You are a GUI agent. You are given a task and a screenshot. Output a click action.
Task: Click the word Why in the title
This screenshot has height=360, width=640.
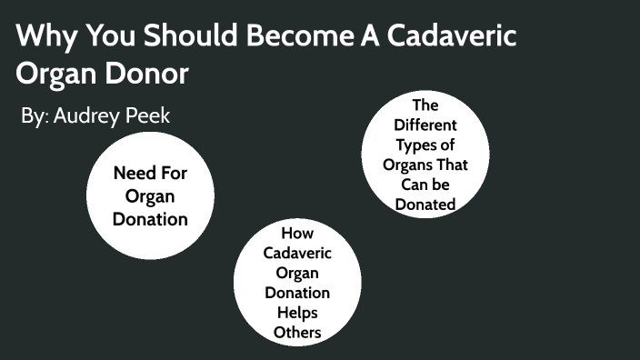coord(42,38)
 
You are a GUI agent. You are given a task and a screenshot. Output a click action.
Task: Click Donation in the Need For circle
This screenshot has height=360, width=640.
coord(151,218)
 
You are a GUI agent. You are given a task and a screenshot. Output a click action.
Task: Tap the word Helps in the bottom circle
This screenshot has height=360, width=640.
coord(297,313)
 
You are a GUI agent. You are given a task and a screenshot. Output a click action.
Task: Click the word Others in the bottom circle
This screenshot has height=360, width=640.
coord(297,333)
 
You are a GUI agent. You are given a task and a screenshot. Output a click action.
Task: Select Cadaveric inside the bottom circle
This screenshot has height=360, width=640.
coord(297,253)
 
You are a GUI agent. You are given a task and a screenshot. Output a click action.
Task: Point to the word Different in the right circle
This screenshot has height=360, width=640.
coord(425,125)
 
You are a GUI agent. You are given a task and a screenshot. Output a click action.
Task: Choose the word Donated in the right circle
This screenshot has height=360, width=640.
coord(425,205)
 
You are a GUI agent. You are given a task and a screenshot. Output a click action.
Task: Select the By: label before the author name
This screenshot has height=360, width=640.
coord(35,116)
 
